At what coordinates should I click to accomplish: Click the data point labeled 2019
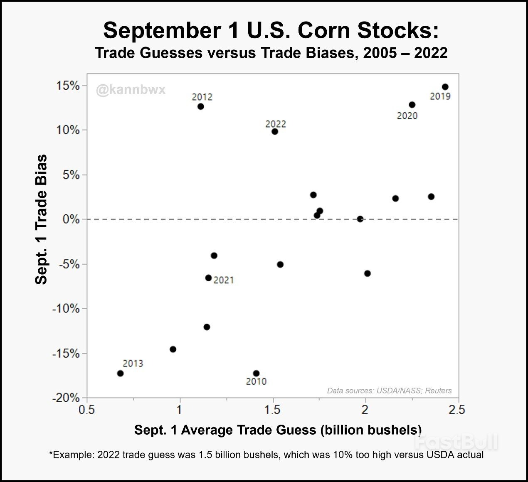(445, 87)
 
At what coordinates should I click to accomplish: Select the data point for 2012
(201, 106)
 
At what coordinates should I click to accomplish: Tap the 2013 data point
(120, 373)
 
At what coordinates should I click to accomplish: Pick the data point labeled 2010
(256, 373)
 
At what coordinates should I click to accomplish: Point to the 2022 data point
(275, 131)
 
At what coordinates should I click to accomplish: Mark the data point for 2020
(412, 105)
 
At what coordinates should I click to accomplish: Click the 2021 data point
(209, 278)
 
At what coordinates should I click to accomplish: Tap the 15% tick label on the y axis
(68, 86)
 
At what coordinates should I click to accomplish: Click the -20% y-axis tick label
(66, 398)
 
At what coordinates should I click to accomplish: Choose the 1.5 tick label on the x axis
(272, 410)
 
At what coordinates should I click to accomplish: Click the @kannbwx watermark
(131, 90)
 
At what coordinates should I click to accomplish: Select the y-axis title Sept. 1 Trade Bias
(41, 219)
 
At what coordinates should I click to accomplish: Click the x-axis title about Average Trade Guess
(278, 430)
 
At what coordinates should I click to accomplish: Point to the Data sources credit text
(389, 391)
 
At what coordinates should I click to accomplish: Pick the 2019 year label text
(440, 96)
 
